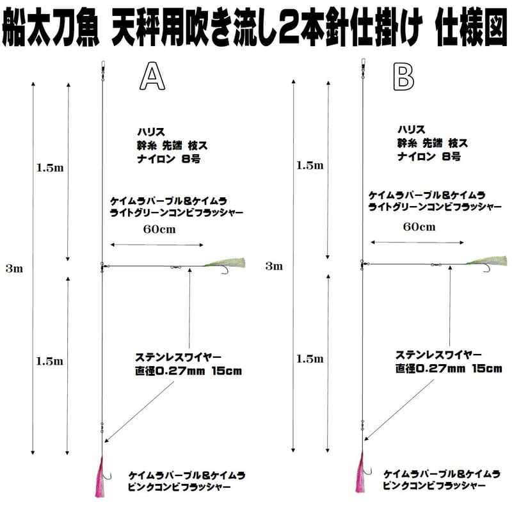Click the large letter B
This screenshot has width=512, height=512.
pyautogui.click(x=404, y=77)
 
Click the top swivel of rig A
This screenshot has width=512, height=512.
pyautogui.click(x=102, y=66)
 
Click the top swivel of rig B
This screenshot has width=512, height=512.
pyautogui.click(x=362, y=66)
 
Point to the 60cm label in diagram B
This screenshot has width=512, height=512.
pyautogui.click(x=419, y=227)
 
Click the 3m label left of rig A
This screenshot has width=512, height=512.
pyautogui.click(x=13, y=269)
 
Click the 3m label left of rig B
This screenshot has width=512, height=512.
pyautogui.click(x=274, y=266)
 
